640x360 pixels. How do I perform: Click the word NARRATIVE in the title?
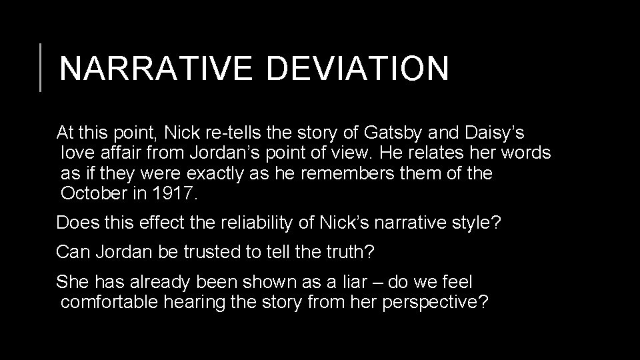tap(154, 69)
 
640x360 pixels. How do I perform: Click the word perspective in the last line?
tap(435, 302)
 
